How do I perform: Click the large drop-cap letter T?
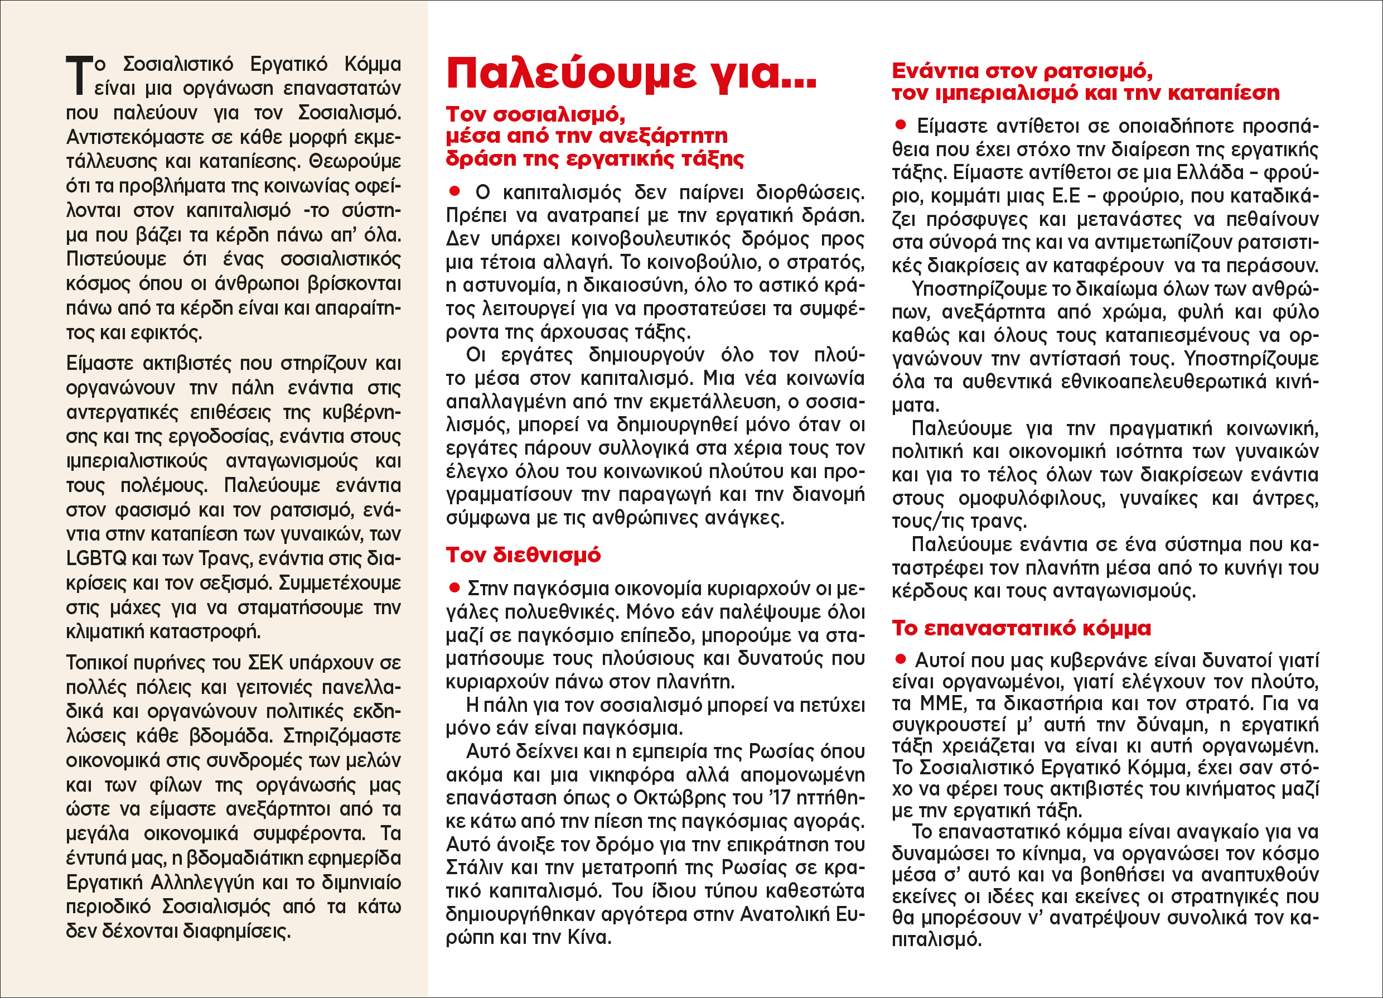pos(79,76)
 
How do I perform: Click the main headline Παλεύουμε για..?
pos(631,74)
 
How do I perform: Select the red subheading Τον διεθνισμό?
pos(523,555)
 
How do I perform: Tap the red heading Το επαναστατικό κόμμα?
pos(1022,628)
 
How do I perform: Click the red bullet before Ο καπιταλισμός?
pos(454,191)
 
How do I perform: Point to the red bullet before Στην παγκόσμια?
pos(454,587)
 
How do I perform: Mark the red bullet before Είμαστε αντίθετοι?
pos(900,125)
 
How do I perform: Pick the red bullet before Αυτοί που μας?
pos(900,659)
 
